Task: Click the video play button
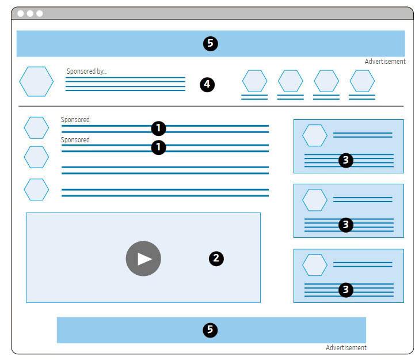point(143,259)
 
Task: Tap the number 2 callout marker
point(216,258)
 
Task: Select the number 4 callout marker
point(207,85)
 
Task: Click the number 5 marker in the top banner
point(211,43)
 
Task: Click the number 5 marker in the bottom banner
point(211,329)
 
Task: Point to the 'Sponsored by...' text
point(86,71)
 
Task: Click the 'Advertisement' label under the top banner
point(385,62)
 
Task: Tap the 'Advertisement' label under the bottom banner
point(346,348)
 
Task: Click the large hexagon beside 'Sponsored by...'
point(36,81)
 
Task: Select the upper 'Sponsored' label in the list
point(75,120)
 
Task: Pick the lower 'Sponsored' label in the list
point(75,140)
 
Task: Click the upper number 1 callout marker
point(158,128)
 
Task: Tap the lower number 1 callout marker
point(158,147)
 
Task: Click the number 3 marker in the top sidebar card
point(345,161)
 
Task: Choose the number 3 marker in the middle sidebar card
point(345,225)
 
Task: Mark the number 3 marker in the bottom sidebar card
point(345,290)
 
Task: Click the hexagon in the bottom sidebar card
point(315,264)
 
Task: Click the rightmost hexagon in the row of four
point(362,81)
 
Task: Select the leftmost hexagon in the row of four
point(254,81)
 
